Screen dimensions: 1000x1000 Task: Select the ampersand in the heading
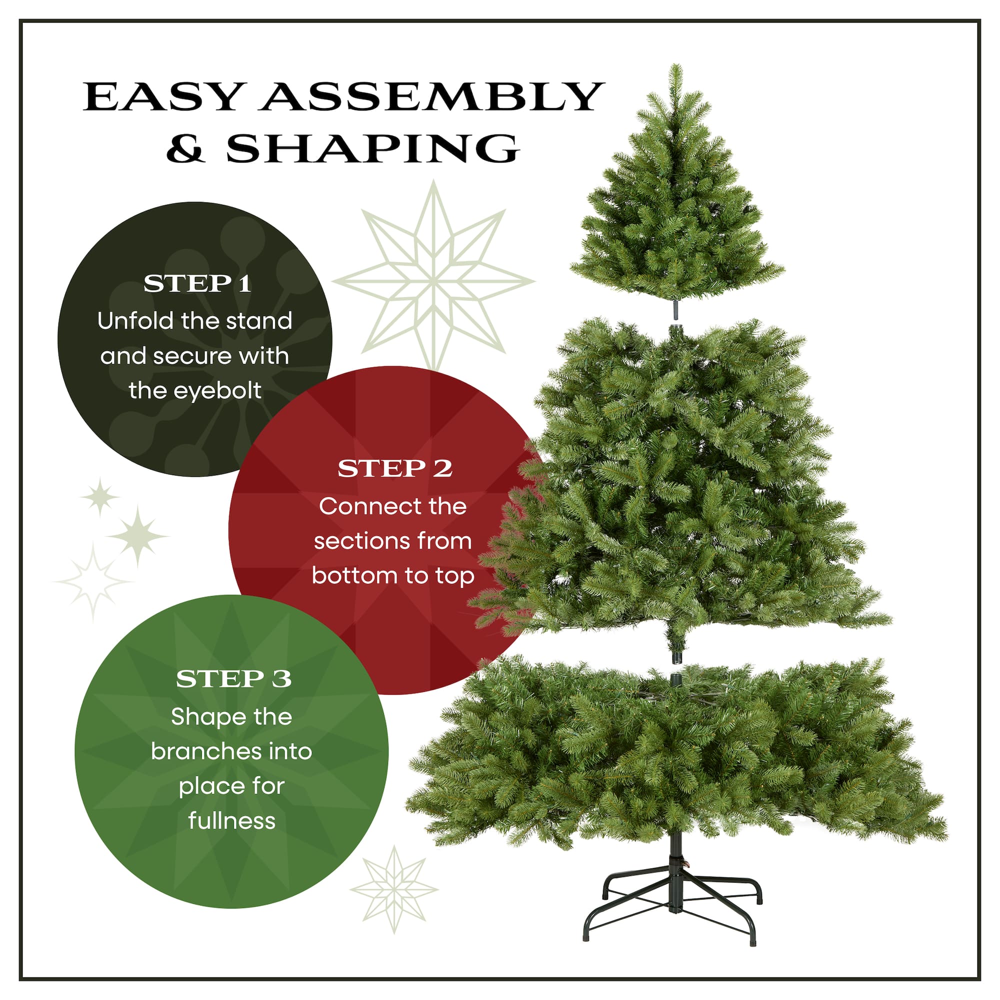[186, 148]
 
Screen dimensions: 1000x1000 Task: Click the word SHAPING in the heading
[372, 148]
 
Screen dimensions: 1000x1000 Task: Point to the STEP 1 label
[197, 283]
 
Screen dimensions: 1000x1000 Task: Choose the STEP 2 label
[395, 469]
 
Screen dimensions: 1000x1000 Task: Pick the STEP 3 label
[233, 678]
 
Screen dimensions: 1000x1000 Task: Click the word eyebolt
[217, 391]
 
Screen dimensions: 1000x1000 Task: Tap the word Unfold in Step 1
[135, 321]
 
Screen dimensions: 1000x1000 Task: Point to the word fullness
[232, 821]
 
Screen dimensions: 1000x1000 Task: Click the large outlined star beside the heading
[433, 279]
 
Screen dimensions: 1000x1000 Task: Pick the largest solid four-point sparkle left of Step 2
[137, 536]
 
